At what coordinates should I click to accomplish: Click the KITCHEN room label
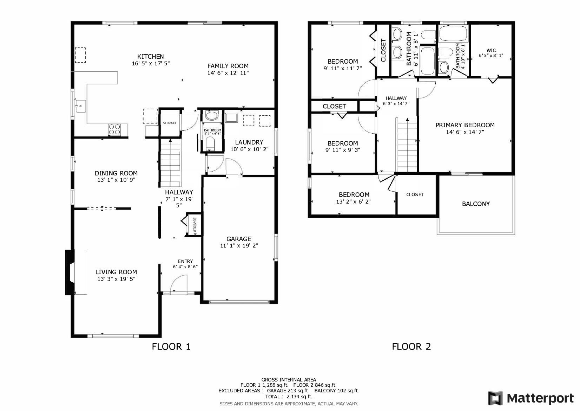point(150,57)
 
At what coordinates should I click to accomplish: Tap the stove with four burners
point(114,129)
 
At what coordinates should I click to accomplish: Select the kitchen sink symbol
point(80,105)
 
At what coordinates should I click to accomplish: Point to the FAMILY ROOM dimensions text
point(228,73)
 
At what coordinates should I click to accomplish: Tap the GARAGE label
point(239,239)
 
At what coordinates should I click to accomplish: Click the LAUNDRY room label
point(249,142)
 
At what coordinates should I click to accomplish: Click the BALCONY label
point(476,204)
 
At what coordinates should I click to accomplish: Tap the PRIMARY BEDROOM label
point(465,125)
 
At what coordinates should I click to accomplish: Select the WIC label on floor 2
point(491,50)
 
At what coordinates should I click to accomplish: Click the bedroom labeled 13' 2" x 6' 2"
point(354,198)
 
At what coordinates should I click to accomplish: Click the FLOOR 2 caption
point(411,347)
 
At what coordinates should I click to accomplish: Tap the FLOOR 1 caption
point(171,347)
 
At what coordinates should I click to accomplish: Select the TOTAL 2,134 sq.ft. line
point(289,397)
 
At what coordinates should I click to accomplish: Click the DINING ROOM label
point(116,173)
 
